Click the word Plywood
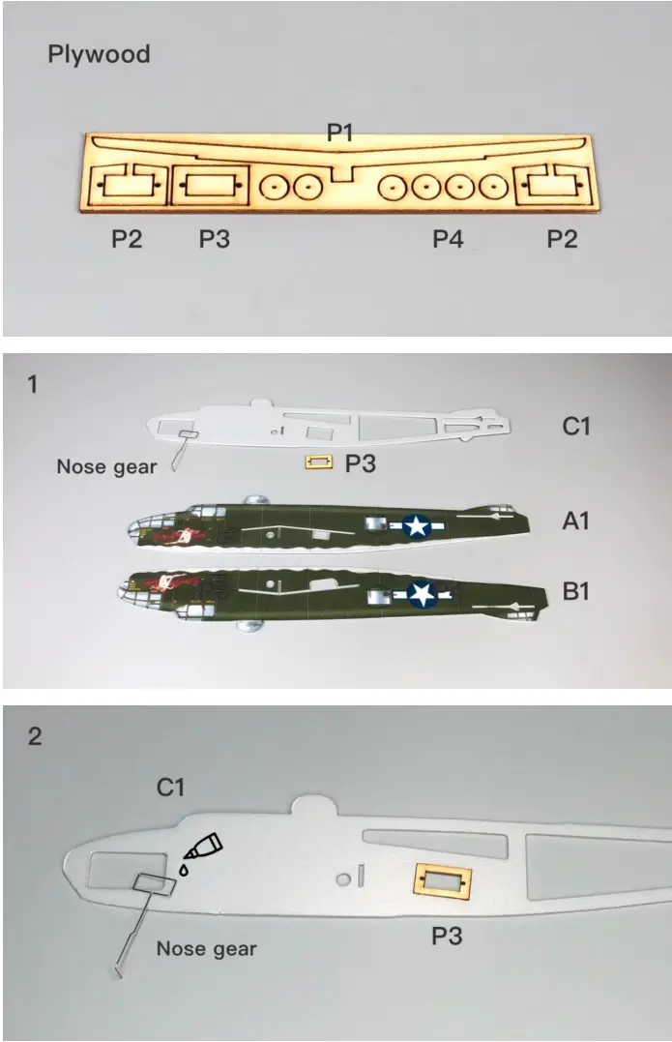(x=99, y=54)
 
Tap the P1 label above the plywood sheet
(x=339, y=132)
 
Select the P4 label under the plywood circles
(x=448, y=238)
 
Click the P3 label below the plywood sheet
(x=215, y=238)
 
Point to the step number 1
(x=33, y=384)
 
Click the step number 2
(x=35, y=736)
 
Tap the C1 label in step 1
(x=575, y=425)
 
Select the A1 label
(x=575, y=521)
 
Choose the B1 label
(x=575, y=590)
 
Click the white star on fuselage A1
(x=417, y=525)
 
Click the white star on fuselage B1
(x=423, y=593)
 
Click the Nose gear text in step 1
(x=106, y=467)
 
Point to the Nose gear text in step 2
(x=207, y=948)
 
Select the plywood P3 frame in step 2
(x=442, y=883)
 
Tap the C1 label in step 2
(x=170, y=788)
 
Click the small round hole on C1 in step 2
(x=342, y=879)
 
